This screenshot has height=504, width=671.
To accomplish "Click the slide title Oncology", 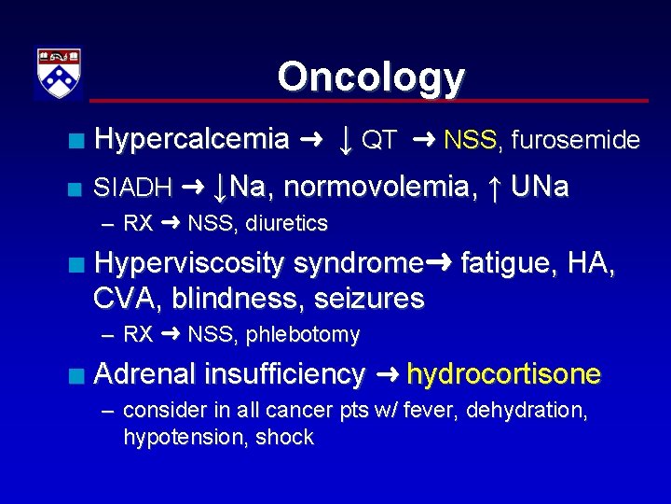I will [x=370, y=77].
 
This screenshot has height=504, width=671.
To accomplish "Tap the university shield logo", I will [x=58, y=73].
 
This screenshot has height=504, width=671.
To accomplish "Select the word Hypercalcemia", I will [x=192, y=140].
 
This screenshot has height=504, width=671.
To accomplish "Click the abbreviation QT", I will [x=379, y=141].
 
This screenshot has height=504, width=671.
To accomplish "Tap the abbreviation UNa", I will [x=540, y=188].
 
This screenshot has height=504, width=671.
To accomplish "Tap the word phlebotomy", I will [x=303, y=335].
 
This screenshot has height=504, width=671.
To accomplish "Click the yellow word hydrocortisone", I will [x=504, y=374].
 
